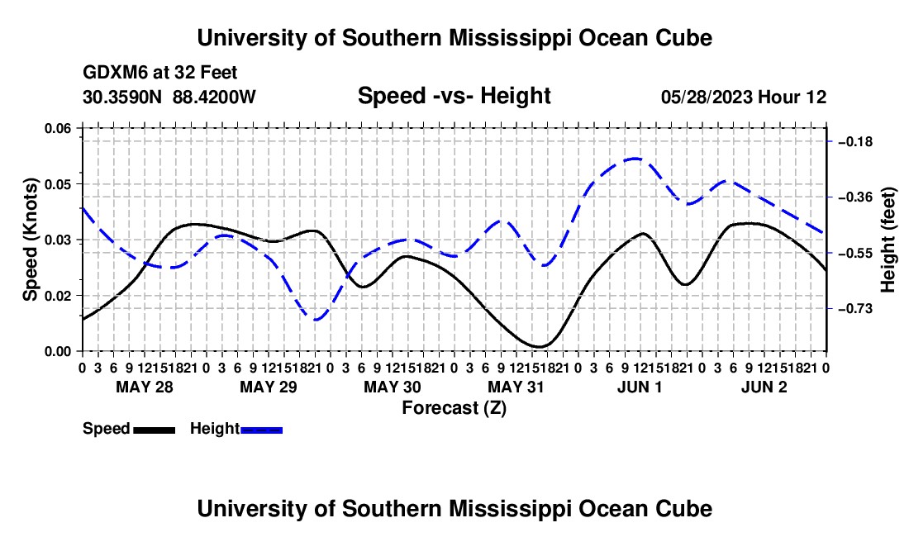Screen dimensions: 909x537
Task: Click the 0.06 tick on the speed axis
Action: [57, 129]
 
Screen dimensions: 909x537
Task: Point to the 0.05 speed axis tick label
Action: [57, 184]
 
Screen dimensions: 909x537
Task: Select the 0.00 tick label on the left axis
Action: [57, 352]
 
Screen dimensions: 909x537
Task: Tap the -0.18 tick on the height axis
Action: [855, 142]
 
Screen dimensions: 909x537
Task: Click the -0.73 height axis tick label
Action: [855, 309]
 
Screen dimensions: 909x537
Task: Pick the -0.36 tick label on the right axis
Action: [855, 197]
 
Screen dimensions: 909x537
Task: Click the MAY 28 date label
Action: [145, 387]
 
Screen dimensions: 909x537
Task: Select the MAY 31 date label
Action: [516, 387]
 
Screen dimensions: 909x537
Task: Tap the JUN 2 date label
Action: [764, 387]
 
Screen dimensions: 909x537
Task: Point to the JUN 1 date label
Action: [640, 387]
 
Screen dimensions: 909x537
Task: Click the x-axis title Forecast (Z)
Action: [454, 408]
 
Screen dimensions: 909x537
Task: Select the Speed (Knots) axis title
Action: [30, 240]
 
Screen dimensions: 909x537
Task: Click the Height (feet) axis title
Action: [888, 240]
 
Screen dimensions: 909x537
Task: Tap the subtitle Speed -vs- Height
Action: [454, 96]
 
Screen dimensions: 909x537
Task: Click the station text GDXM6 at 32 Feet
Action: [160, 73]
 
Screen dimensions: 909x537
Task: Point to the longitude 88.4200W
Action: [214, 97]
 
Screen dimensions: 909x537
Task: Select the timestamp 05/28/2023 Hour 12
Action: [744, 97]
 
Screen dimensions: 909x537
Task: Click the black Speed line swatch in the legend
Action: [155, 430]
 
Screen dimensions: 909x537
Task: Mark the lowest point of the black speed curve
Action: [540, 346]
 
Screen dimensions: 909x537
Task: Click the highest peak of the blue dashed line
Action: [635, 158]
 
